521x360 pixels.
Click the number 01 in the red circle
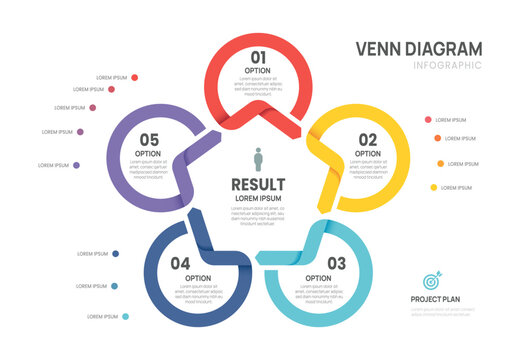[259, 57]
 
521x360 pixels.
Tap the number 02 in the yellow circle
[368, 139]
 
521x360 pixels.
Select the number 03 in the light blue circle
[336, 263]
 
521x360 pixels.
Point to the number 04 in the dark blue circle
[180, 263]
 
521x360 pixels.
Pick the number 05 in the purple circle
[149, 139]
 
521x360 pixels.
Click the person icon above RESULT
[258, 160]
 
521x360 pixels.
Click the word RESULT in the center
[258, 184]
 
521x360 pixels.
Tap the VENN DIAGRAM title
[418, 48]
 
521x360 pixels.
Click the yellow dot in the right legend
[434, 187]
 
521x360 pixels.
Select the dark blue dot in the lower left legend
[116, 254]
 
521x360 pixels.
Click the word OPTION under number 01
[259, 70]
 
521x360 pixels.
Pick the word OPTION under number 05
[148, 153]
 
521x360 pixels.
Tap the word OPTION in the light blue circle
[318, 278]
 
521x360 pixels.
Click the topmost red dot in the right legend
[428, 119]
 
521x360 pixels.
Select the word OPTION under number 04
[198, 278]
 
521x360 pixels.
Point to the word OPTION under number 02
[368, 153]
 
